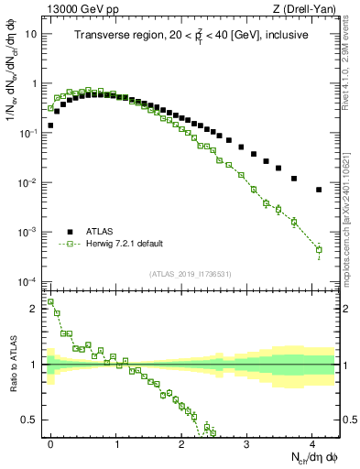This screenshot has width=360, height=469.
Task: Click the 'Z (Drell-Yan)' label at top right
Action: point(303,9)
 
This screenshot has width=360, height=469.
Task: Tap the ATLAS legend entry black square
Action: point(70,232)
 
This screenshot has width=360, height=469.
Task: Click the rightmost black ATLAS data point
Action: point(319,190)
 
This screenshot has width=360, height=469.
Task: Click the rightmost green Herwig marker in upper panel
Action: point(319,249)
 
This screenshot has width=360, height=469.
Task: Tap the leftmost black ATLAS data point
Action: point(50,125)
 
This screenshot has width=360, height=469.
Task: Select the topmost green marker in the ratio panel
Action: point(50,301)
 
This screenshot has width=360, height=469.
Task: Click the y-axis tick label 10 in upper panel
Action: point(31,34)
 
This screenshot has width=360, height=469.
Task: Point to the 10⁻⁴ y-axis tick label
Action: point(29,281)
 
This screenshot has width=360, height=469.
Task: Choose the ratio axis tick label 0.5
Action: point(30,420)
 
